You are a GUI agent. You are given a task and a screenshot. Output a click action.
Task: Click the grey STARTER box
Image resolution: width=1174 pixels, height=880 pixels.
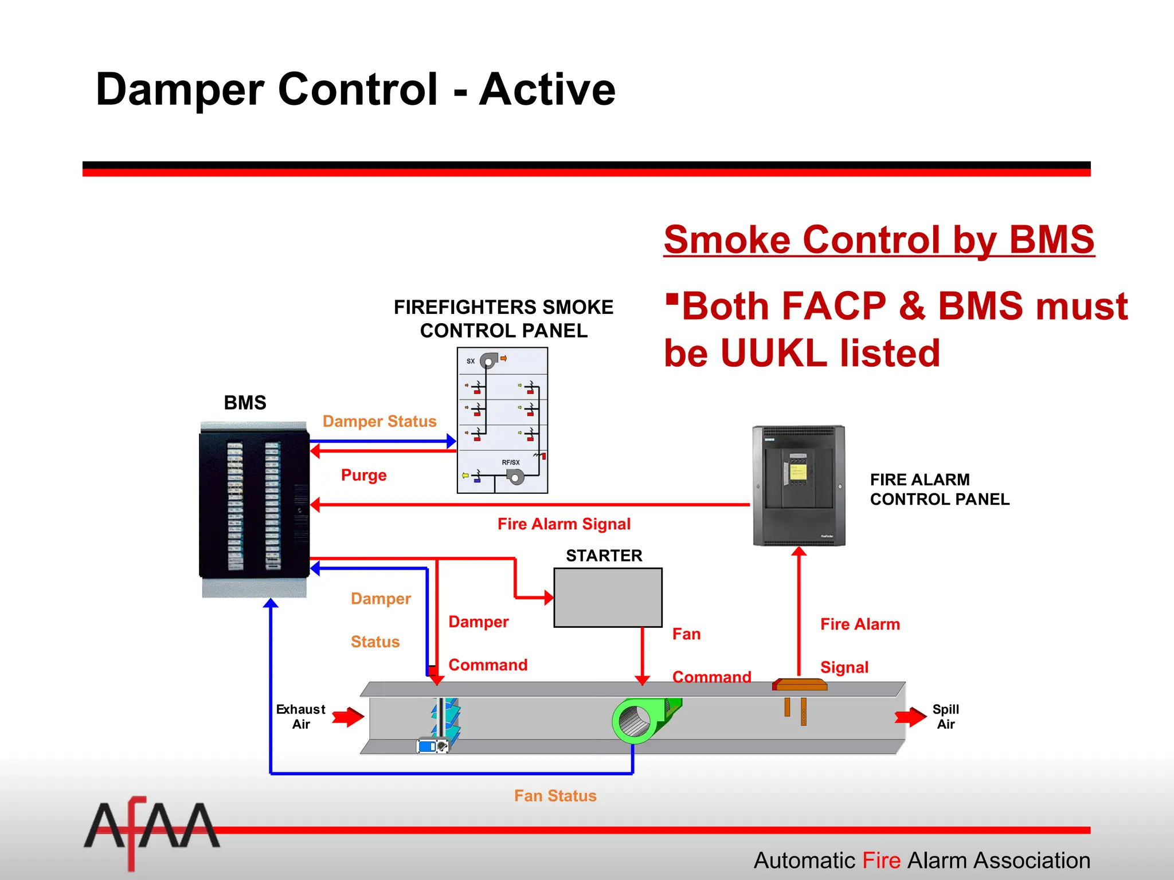pos(608,598)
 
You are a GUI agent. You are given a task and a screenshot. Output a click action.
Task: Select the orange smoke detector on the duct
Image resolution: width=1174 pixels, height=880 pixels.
pos(800,685)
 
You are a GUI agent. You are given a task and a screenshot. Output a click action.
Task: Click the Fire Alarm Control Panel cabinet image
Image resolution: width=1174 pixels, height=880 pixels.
pos(799,485)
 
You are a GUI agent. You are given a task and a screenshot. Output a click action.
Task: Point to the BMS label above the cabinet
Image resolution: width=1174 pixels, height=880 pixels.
pos(245,403)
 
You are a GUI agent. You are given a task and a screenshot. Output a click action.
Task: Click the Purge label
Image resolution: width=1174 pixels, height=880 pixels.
pos(363,475)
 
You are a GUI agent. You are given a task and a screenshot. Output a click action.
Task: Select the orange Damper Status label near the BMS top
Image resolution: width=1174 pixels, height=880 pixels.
pos(379,421)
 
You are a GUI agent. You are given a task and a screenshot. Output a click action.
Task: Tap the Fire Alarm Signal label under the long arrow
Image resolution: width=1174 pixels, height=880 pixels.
pos(563,524)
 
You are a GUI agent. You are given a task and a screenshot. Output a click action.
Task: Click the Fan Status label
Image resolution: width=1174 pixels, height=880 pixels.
pos(555,796)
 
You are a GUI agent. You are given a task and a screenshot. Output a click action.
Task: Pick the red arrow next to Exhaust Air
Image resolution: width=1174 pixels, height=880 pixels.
pos(349,717)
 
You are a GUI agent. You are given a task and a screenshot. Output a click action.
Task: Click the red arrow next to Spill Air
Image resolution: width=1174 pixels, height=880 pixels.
pos(910,717)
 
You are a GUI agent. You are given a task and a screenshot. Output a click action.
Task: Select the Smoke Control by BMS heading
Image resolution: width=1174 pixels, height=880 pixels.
pos(879,239)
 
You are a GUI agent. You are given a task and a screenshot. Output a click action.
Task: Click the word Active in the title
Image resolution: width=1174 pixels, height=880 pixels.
pos(547,89)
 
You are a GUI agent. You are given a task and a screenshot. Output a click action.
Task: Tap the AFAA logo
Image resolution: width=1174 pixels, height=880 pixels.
pos(151,828)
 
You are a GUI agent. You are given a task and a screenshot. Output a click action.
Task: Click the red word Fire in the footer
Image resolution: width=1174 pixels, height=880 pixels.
pos(882,861)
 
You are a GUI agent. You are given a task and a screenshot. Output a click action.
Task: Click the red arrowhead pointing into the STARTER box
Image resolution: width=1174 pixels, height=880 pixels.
pos(549,598)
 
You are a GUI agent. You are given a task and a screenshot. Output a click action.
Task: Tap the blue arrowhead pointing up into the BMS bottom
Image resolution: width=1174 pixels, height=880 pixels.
pos(271,603)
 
